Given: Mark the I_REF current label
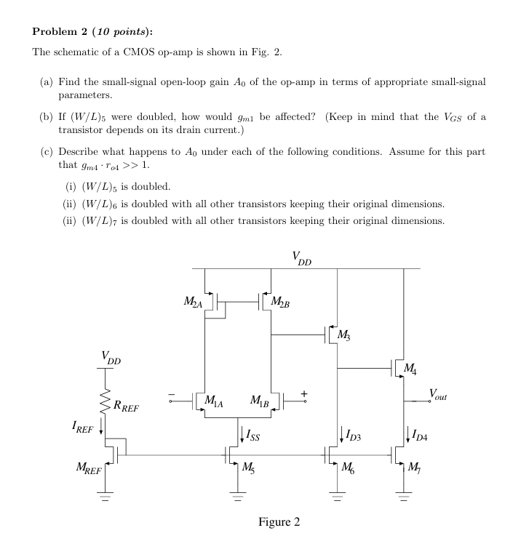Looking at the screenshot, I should (85, 429).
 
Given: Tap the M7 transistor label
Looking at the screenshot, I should (418, 466).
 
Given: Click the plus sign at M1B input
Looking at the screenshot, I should (305, 393).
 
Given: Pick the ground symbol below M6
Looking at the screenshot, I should (336, 500).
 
